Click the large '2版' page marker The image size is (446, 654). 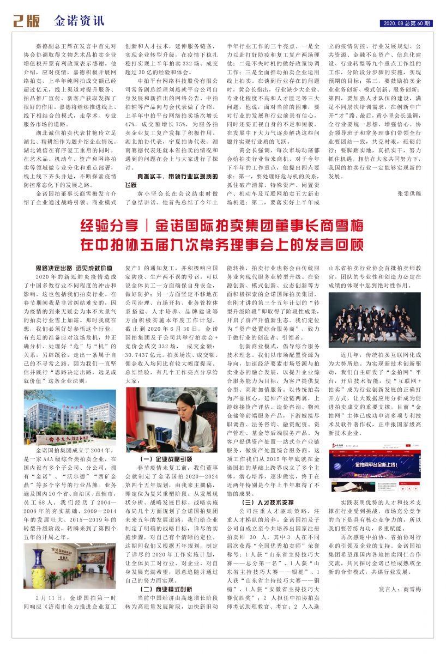click(x=27, y=21)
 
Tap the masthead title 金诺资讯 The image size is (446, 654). click(x=79, y=21)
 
